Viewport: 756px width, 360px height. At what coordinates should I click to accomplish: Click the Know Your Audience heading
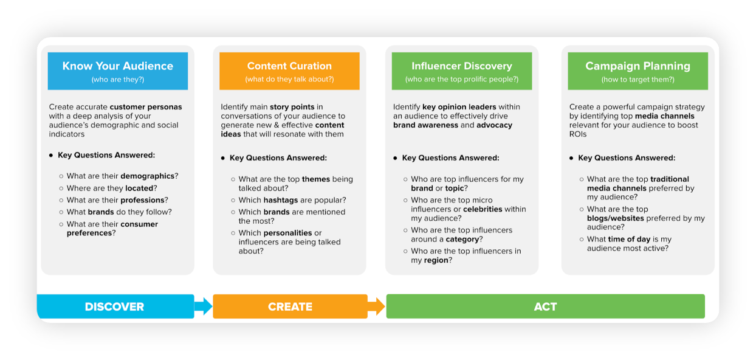(x=118, y=66)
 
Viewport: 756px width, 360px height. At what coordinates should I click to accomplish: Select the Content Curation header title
(x=289, y=66)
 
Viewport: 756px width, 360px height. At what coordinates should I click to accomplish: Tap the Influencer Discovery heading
(x=462, y=66)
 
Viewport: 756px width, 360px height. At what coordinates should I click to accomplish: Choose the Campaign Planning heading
(x=638, y=66)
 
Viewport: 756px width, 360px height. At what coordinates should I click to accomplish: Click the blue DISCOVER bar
(x=115, y=306)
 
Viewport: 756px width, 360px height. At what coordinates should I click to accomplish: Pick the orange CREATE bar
(x=290, y=306)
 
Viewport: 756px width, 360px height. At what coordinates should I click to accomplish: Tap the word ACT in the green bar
(x=545, y=306)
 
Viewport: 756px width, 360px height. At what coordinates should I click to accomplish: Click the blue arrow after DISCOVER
(x=203, y=306)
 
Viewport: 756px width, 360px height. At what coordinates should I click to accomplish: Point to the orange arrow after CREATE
(x=376, y=306)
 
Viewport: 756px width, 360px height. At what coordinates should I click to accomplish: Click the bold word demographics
(x=147, y=176)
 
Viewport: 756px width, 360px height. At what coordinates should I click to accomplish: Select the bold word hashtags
(x=281, y=200)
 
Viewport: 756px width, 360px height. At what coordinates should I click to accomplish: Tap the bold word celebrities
(x=483, y=209)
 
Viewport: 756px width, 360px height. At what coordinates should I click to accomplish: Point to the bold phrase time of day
(x=629, y=239)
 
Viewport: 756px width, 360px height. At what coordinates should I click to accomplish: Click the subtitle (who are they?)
(x=118, y=80)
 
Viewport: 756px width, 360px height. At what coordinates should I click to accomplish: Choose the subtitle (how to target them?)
(x=638, y=80)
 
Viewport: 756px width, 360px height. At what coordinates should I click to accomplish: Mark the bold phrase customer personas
(x=146, y=106)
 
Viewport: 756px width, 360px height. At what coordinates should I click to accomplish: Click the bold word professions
(x=142, y=200)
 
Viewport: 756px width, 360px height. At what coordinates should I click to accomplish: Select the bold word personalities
(x=287, y=233)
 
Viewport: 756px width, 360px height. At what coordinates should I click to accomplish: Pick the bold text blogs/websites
(x=615, y=218)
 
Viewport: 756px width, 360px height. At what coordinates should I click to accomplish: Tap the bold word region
(x=436, y=260)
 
